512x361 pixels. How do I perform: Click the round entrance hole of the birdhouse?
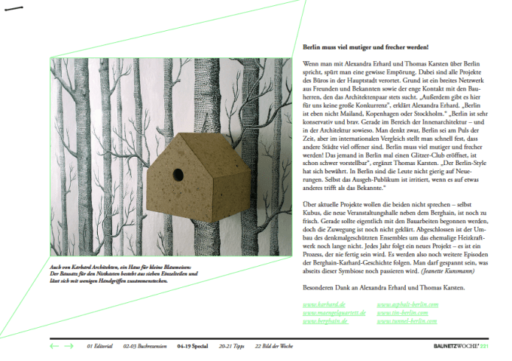[178, 175]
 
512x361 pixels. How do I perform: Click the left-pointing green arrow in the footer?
[54, 346]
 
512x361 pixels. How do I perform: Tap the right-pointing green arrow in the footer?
[69, 346]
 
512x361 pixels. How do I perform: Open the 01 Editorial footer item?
[99, 346]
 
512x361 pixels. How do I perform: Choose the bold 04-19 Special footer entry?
[193, 346]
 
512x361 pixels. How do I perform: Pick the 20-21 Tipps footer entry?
[232, 346]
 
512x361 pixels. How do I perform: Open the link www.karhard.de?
[319, 304]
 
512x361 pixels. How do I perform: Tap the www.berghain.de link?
[325, 320]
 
